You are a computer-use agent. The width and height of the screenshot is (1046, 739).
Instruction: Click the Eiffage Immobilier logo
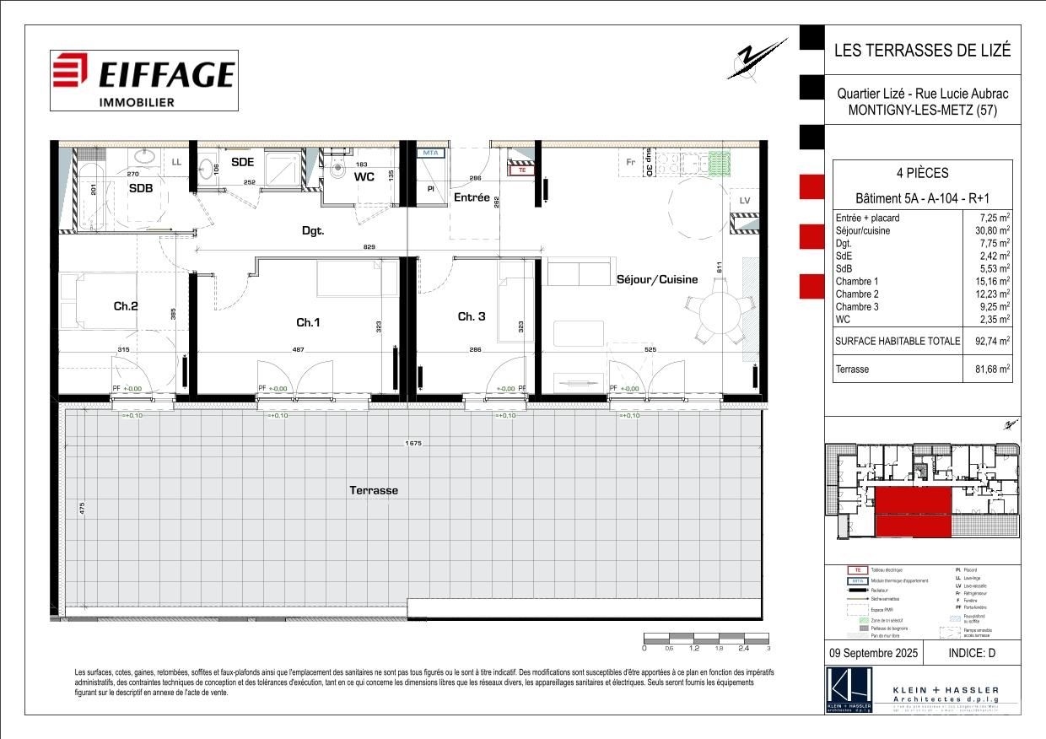pyautogui.click(x=143, y=80)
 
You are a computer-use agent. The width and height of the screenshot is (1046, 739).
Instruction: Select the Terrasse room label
pyautogui.click(x=374, y=490)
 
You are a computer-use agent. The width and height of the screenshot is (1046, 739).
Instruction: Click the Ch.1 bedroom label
pyautogui.click(x=308, y=322)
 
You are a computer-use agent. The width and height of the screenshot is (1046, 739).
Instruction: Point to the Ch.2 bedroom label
pyautogui.click(x=126, y=306)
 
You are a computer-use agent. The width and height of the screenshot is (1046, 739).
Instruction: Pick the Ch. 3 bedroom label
pyautogui.click(x=472, y=316)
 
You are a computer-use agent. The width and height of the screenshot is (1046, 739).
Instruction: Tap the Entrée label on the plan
pyautogui.click(x=472, y=197)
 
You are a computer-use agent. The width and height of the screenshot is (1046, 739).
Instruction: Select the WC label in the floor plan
pyautogui.click(x=364, y=177)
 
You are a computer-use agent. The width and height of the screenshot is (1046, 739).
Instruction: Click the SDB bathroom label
pyautogui.click(x=141, y=189)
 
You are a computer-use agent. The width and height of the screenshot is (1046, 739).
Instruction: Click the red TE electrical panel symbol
pyautogui.click(x=520, y=169)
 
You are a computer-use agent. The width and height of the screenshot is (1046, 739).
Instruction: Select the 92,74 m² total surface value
pyautogui.click(x=987, y=341)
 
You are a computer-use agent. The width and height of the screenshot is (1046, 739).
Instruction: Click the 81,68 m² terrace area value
pyautogui.click(x=987, y=369)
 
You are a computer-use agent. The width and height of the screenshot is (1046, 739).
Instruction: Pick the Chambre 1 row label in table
pyautogui.click(x=857, y=281)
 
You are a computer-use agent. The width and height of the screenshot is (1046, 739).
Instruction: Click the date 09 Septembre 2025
pyautogui.click(x=872, y=653)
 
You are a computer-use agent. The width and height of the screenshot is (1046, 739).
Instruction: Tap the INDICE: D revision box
pyautogui.click(x=973, y=653)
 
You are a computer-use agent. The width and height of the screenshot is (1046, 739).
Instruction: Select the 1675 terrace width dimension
pyautogui.click(x=412, y=444)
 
